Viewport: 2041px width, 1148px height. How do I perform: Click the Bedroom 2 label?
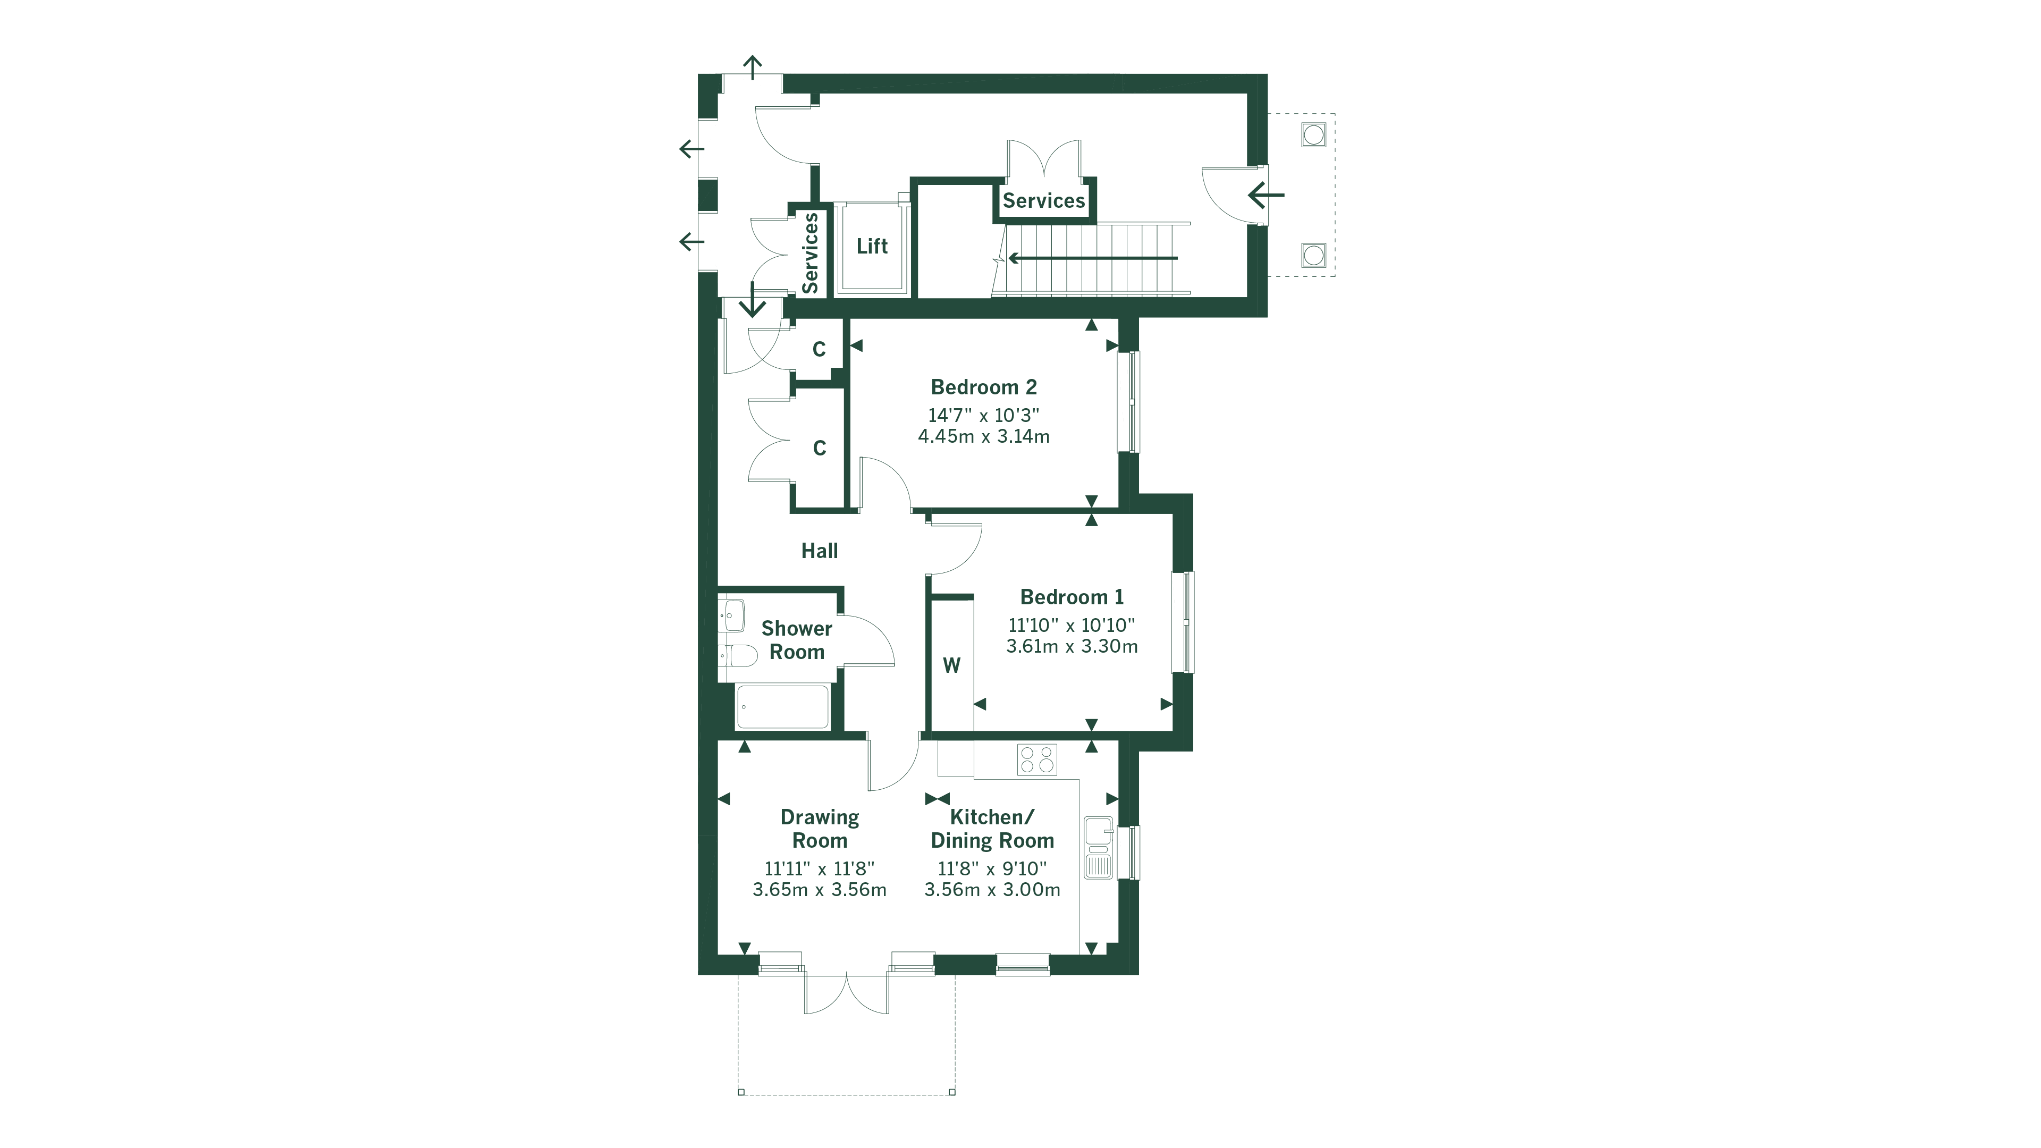(983, 387)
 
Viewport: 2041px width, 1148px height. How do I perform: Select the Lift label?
(872, 247)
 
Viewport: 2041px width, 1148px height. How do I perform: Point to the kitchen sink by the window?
(1098, 848)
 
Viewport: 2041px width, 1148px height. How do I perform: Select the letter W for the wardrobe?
(951, 665)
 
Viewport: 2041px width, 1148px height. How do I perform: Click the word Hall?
(819, 551)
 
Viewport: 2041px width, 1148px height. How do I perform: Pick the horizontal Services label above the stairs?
(1043, 200)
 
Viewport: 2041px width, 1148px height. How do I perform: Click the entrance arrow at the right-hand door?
(1266, 194)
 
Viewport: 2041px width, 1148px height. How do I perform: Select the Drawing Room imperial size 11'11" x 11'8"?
(819, 868)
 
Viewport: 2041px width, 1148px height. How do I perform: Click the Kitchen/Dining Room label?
(992, 829)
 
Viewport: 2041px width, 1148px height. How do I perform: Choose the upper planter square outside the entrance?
(1313, 134)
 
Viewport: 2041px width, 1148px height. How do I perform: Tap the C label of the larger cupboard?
(819, 449)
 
